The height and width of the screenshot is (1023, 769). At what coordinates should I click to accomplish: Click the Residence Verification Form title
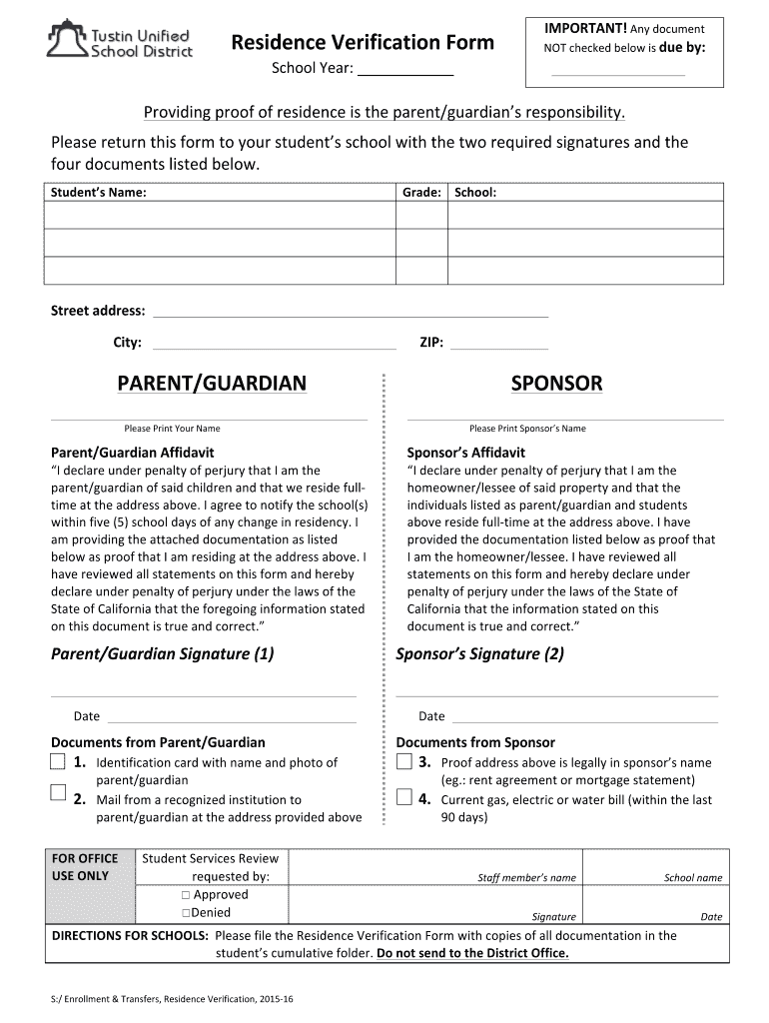point(363,42)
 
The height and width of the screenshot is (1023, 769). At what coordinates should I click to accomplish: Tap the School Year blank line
point(404,70)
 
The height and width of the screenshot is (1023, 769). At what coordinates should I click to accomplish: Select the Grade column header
point(421,192)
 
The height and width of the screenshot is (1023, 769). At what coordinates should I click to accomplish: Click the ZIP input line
point(499,343)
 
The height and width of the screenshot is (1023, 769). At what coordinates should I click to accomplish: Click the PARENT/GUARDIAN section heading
point(212,384)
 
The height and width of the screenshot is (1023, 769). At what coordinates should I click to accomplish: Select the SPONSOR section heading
point(556,384)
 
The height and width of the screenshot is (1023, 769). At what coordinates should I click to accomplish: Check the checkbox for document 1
point(57,763)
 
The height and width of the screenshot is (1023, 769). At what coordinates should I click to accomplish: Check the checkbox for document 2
point(57,794)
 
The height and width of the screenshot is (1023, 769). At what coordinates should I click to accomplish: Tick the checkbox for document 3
point(403,762)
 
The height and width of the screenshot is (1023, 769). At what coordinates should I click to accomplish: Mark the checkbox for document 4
point(403,797)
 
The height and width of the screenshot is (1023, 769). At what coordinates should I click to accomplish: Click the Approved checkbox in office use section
point(186,895)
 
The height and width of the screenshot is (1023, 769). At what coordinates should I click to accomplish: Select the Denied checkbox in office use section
point(186,913)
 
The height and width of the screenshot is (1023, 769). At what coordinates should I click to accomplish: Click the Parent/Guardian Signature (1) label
point(162,654)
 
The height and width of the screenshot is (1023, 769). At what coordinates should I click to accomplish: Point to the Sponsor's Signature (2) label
point(480,654)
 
